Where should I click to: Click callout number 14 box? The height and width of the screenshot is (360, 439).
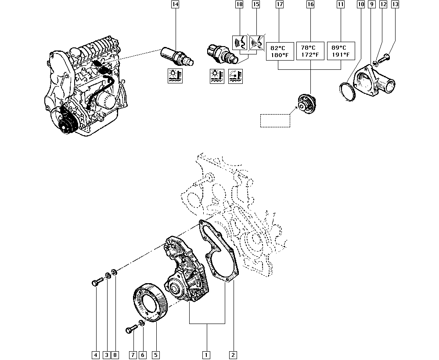point(175,5)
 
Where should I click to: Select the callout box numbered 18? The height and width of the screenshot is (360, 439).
point(239,5)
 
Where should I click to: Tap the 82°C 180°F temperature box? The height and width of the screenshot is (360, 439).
point(279,51)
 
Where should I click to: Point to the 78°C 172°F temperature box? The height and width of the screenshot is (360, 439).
point(310,51)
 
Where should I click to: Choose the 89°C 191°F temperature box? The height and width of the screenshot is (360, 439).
point(341,51)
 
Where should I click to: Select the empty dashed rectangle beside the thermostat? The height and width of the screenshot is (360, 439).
point(275,120)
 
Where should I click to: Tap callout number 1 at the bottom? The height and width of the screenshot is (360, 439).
point(205,354)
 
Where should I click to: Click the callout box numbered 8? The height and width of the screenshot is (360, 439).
point(115,354)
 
